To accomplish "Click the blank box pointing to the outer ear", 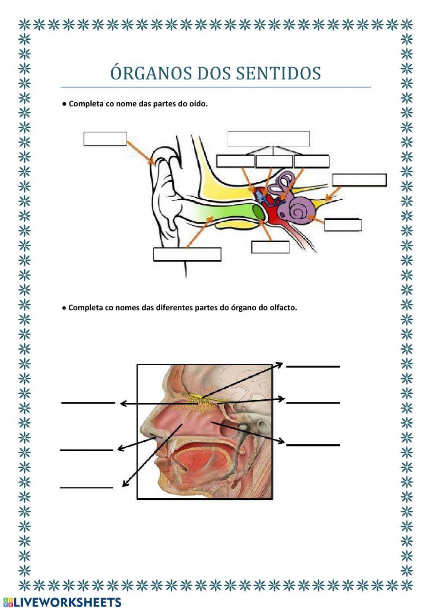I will click(x=105, y=139).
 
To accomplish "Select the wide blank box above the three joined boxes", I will click(x=268, y=139).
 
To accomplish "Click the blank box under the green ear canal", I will click(x=187, y=254).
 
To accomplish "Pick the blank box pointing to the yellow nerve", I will click(x=359, y=180).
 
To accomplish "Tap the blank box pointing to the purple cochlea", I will click(x=342, y=225).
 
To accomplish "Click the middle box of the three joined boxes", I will click(x=274, y=161).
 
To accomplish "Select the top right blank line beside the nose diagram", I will click(x=313, y=367).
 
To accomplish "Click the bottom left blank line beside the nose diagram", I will click(x=86, y=487).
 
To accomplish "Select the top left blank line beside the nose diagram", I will click(x=88, y=403).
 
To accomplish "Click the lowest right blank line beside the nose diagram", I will click(x=313, y=444).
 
